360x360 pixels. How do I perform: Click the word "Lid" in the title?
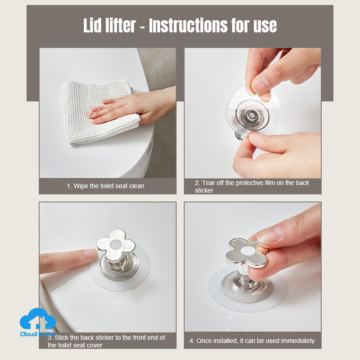92,25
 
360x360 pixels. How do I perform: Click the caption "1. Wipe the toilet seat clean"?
105,186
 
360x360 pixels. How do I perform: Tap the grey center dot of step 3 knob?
116,245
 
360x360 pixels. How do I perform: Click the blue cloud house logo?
38,319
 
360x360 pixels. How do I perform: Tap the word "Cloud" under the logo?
28,334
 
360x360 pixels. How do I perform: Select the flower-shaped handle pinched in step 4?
247,252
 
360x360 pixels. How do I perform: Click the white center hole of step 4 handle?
247,251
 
